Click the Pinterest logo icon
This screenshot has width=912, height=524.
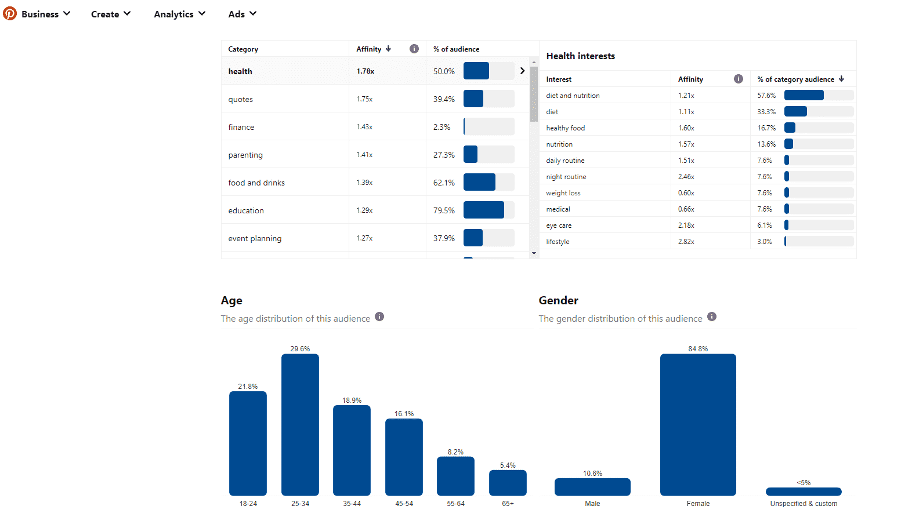(10, 13)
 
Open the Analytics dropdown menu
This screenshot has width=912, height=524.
(179, 14)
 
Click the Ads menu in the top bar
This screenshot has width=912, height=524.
(242, 14)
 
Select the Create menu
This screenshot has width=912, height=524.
(110, 14)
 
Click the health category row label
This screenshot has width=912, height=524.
(240, 71)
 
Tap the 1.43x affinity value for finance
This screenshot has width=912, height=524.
(364, 127)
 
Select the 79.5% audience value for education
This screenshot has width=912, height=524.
(444, 210)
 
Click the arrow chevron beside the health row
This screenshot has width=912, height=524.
(522, 71)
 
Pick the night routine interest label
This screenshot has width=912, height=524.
(566, 177)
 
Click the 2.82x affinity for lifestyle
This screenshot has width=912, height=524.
(686, 242)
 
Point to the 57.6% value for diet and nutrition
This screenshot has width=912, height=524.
(766, 96)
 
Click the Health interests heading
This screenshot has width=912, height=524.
(580, 56)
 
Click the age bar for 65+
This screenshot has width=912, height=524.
(508, 483)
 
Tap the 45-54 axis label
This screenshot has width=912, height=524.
(404, 504)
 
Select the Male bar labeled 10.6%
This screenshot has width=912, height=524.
(592, 487)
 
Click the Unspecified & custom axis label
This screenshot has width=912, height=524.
(804, 504)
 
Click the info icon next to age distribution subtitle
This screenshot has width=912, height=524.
(379, 316)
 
